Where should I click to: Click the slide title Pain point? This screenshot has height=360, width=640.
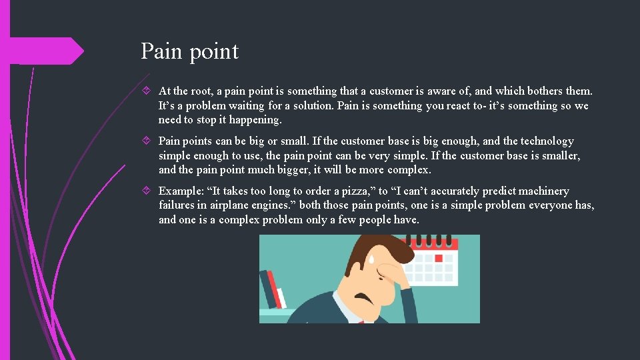189,51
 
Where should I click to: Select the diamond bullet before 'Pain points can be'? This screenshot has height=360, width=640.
148,141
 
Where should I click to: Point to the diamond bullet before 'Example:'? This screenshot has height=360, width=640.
148,191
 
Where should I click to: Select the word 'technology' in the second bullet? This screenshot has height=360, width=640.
547,141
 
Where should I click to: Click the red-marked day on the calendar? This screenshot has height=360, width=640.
438,258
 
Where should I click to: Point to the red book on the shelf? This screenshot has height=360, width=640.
271,287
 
